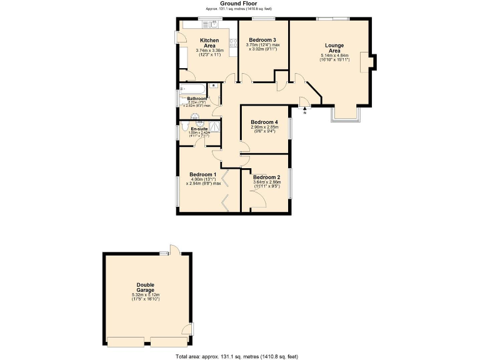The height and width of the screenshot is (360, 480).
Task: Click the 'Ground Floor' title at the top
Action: [x=241, y=4]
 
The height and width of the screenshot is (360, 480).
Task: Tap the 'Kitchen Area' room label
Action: [x=208, y=43]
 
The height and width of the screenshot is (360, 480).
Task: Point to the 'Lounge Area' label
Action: [x=334, y=48]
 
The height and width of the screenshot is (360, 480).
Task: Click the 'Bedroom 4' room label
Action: [x=263, y=122]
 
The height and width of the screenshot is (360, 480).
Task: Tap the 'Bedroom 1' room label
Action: [x=203, y=174]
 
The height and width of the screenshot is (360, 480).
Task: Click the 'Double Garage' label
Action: [x=146, y=287]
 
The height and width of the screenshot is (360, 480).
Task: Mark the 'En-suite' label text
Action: [x=199, y=129]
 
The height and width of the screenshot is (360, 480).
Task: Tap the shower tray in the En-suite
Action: [x=214, y=127]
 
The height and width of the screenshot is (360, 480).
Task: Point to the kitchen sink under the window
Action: [x=210, y=24]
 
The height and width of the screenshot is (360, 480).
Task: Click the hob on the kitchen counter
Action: [x=233, y=43]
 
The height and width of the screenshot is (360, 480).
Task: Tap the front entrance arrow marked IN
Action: [x=305, y=111]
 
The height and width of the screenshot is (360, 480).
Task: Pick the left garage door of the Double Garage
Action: [x=126, y=342]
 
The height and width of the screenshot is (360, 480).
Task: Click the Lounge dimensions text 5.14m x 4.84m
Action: [x=334, y=55]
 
